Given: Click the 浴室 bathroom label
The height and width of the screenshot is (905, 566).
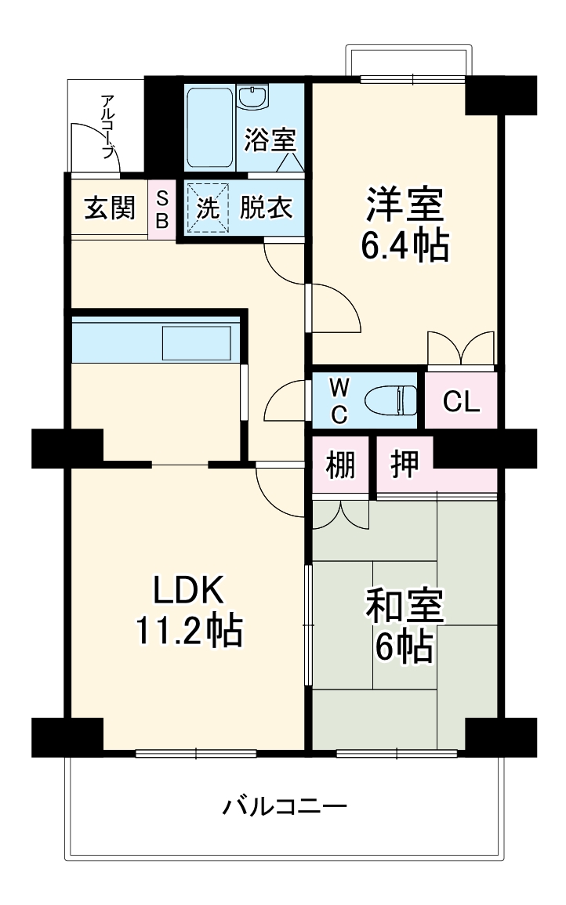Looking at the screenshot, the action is (x=270, y=139).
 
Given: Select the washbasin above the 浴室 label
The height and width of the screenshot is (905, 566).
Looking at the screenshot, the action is (x=253, y=97).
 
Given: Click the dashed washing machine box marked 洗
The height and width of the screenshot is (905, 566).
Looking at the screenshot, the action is (x=208, y=208).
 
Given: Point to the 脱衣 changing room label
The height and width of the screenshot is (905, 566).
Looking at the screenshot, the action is (x=267, y=208).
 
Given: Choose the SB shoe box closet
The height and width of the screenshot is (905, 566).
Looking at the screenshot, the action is (x=162, y=210).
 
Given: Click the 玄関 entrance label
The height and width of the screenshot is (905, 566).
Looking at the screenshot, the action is (x=110, y=208).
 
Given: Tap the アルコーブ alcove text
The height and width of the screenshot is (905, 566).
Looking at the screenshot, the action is (x=107, y=126).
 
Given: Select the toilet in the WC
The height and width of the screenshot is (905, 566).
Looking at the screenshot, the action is (x=390, y=400).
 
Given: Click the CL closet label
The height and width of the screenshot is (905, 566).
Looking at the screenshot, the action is (x=462, y=402).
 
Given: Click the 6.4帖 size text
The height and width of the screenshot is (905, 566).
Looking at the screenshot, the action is (x=405, y=247).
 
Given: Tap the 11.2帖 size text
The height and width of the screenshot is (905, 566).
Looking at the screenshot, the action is (x=188, y=630).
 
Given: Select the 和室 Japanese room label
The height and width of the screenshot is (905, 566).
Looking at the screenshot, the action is (x=405, y=606).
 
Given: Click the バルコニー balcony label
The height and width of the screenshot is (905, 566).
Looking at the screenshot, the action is (x=285, y=806).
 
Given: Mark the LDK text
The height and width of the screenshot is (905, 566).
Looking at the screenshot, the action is (x=187, y=590).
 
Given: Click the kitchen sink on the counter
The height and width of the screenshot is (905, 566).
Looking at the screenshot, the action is (x=197, y=343).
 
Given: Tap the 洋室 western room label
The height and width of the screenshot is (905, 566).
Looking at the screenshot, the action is (x=405, y=205).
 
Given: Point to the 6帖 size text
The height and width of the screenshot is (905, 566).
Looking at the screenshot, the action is (x=405, y=646).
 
